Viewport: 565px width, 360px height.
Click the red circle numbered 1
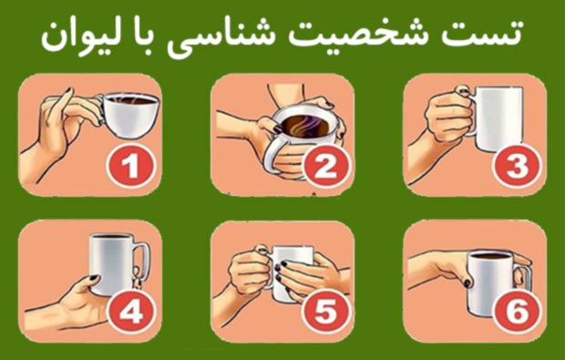click(131, 166)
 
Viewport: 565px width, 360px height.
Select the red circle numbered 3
click(518, 166)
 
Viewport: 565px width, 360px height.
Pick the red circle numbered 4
click(132, 312)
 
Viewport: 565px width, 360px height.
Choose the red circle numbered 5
click(326, 312)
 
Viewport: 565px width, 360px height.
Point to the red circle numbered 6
click(518, 312)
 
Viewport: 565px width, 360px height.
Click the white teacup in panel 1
click(129, 115)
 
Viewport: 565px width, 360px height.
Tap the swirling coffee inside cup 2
click(304, 127)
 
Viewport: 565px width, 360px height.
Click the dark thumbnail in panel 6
click(467, 283)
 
